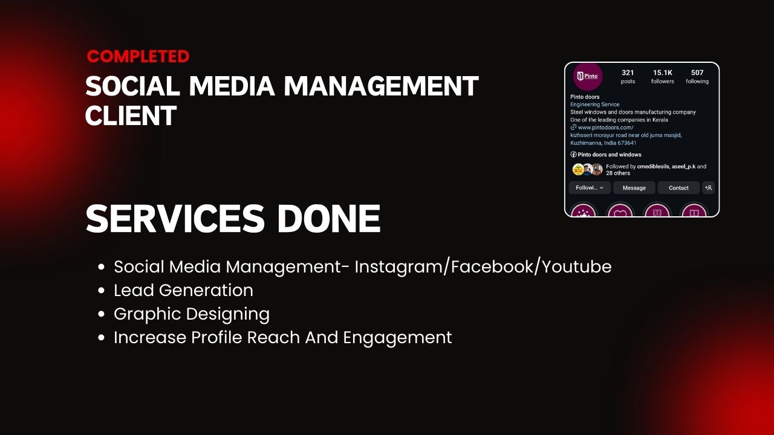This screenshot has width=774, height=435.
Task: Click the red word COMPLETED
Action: pyautogui.click(x=138, y=57)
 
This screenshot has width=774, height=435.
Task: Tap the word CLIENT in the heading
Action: pyautogui.click(x=131, y=116)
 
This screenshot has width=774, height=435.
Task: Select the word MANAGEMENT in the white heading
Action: pyautogui.click(x=381, y=86)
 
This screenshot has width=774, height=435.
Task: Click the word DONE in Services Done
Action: pyautogui.click(x=328, y=219)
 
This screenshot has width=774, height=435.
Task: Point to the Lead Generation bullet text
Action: pyautogui.click(x=183, y=291)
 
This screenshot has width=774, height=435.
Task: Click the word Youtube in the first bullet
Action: pyautogui.click(x=576, y=267)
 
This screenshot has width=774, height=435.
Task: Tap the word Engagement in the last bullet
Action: pyautogui.click(x=397, y=338)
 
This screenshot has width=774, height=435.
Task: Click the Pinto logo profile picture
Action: pyautogui.click(x=588, y=76)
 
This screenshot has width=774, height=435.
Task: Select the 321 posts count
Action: pyautogui.click(x=628, y=77)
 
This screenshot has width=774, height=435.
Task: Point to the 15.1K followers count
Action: pyautogui.click(x=662, y=77)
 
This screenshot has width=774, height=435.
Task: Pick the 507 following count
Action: pyautogui.click(x=697, y=77)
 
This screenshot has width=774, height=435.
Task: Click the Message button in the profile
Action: pyautogui.click(x=634, y=188)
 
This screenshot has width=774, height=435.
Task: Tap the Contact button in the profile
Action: pyautogui.click(x=678, y=188)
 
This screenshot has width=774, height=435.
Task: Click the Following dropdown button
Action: pyautogui.click(x=590, y=188)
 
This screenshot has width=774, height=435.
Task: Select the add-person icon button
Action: pyautogui.click(x=708, y=188)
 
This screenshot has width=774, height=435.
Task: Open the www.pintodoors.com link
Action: pyautogui.click(x=605, y=127)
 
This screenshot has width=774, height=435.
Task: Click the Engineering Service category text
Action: pyautogui.click(x=594, y=105)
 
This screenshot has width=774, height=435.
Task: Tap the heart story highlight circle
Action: pyautogui.click(x=620, y=210)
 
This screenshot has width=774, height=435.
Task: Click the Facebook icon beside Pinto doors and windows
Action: pyautogui.click(x=574, y=154)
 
